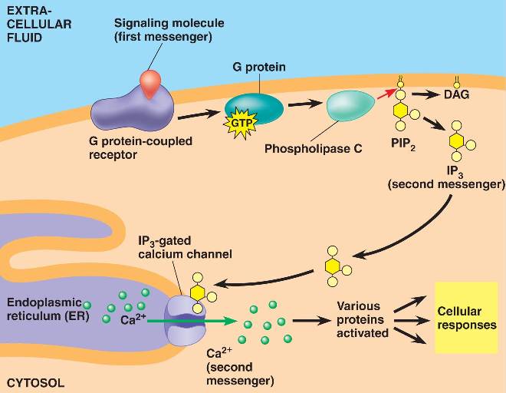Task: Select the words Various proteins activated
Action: point(362,319)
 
